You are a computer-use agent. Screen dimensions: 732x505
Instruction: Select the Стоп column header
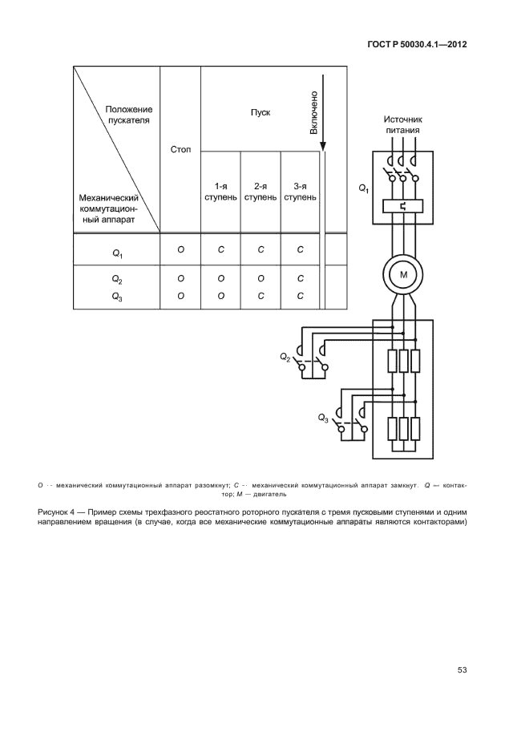(x=180, y=150)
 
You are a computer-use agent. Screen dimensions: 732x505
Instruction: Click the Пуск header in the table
(x=260, y=112)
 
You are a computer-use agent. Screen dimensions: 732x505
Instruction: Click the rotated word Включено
(x=313, y=111)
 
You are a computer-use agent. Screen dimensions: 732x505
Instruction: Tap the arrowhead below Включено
(x=323, y=148)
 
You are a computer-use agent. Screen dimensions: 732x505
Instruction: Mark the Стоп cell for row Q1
(x=181, y=250)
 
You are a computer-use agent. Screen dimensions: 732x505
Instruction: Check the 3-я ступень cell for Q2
(x=301, y=278)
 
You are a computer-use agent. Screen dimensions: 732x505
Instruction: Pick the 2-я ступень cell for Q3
(x=261, y=295)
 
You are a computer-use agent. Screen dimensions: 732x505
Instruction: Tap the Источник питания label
(x=402, y=125)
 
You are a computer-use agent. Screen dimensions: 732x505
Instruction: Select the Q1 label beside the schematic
(x=363, y=188)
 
